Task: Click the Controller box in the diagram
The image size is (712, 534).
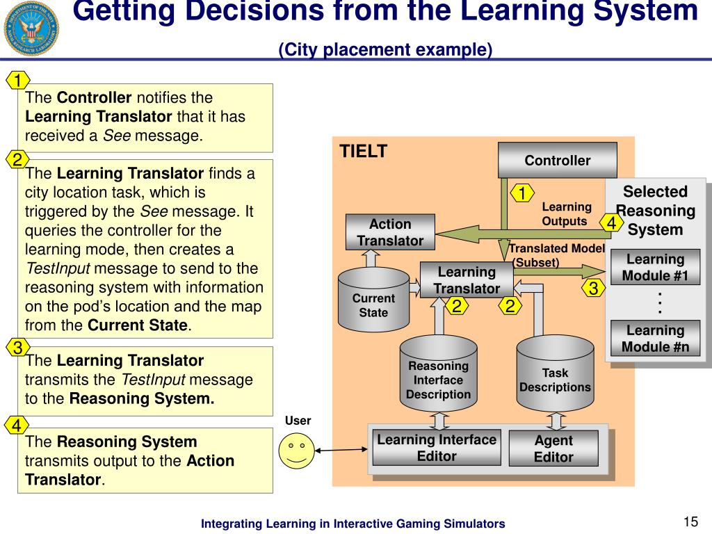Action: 557,160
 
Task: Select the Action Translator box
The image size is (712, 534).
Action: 390,232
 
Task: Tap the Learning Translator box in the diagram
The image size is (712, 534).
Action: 467,280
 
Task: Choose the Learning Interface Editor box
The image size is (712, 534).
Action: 437,448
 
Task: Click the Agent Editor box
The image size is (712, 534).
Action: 553,448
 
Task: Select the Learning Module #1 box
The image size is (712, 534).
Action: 655,268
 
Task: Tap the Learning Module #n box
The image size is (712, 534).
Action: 655,339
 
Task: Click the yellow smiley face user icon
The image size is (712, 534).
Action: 296,450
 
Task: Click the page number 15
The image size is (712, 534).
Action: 690,522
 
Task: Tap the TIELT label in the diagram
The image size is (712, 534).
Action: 363,152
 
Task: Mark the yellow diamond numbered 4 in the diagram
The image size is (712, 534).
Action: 611,223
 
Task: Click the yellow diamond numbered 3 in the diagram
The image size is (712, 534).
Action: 593,289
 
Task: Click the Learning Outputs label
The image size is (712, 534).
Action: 566,214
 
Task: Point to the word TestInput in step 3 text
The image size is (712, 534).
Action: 154,380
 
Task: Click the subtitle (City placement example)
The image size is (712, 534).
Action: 385,50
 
